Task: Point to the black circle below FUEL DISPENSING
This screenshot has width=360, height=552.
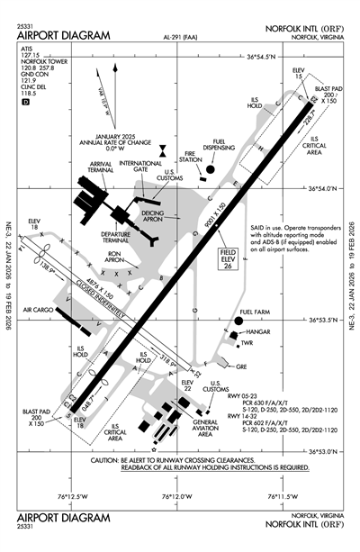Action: click(210, 167)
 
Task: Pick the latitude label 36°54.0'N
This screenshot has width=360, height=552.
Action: click(319, 188)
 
